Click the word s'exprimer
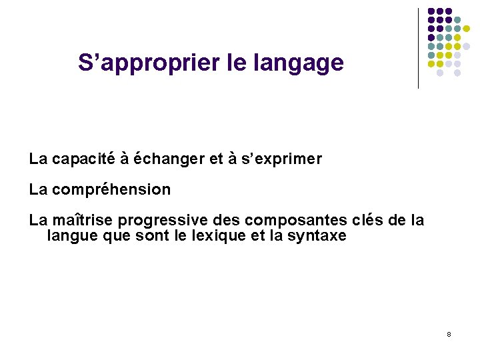click(287, 159)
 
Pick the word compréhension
click(111, 190)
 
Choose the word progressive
click(156, 221)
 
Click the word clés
click(367, 220)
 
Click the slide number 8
click(449, 333)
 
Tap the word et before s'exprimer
click(215, 159)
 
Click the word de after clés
click(399, 220)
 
